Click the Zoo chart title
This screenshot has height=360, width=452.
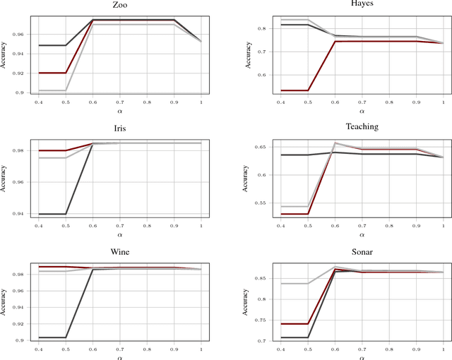[120, 5]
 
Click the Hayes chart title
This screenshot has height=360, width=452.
[362, 5]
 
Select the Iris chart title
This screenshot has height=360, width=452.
[120, 126]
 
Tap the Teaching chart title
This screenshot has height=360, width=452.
[362, 126]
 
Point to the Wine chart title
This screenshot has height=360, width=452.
[120, 248]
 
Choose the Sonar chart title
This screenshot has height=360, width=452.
[362, 248]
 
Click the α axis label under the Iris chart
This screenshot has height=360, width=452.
[120, 233]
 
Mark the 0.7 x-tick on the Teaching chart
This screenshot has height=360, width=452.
[362, 223]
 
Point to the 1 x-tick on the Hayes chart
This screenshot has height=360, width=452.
[442, 101]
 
